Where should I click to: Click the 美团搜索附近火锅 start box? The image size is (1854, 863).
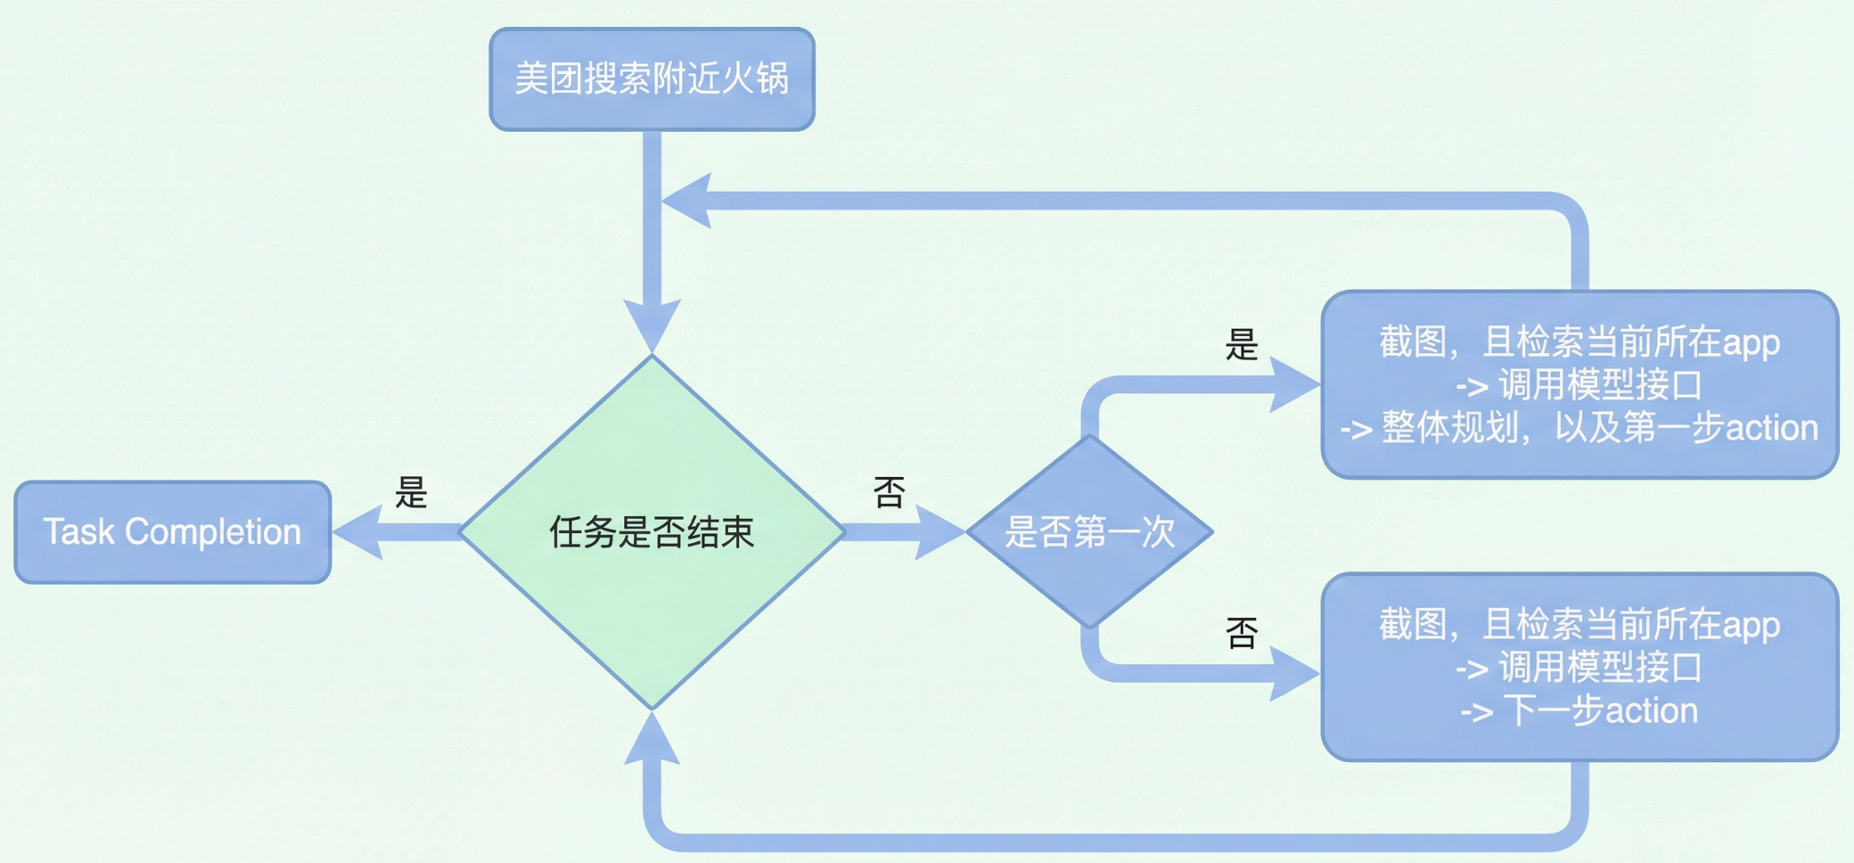[652, 79]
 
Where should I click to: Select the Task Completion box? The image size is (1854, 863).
[173, 532]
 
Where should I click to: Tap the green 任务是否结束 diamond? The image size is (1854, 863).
[652, 532]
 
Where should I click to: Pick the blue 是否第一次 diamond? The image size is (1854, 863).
[1089, 532]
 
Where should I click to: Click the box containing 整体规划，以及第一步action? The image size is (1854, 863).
[1579, 384]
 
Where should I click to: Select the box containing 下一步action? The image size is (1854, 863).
[1579, 667]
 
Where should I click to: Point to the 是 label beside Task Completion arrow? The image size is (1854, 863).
[411, 492]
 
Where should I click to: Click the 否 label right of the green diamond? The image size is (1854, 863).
[889, 492]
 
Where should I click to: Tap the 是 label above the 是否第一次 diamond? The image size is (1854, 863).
[1241, 344]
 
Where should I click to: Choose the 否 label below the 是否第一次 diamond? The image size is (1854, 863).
[1241, 633]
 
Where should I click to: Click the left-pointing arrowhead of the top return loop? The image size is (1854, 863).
[688, 201]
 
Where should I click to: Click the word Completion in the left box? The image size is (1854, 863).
[213, 532]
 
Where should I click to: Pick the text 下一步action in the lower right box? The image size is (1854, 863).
[1600, 711]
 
